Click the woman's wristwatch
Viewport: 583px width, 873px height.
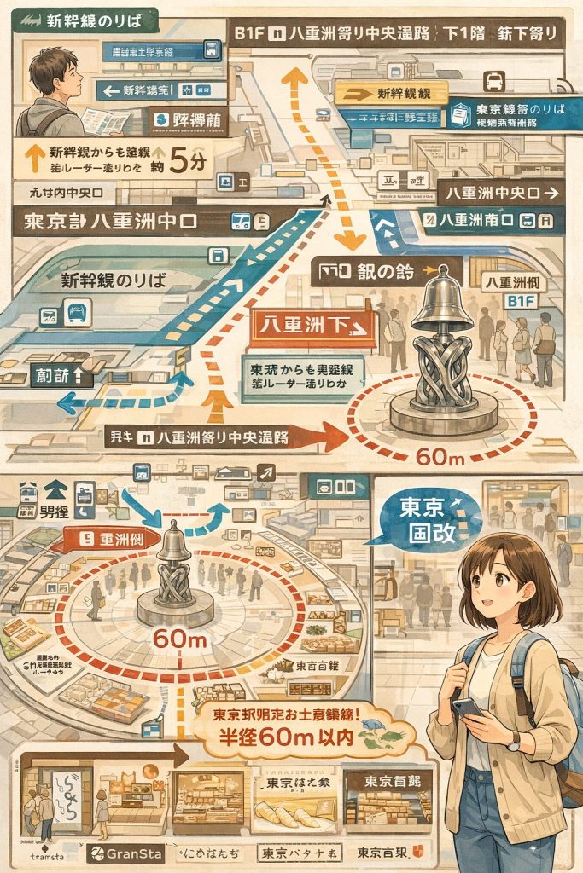(513, 742)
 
